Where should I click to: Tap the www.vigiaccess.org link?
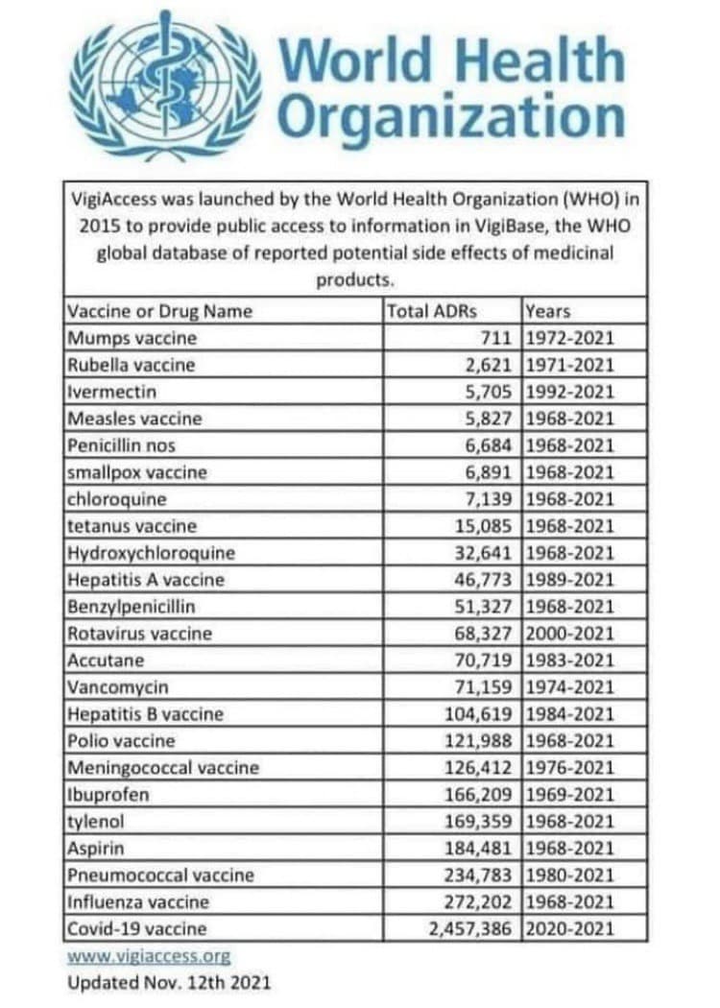click(x=149, y=956)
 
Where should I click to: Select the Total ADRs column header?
click(x=432, y=311)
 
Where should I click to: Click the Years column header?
click(x=547, y=311)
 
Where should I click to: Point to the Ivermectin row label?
click(x=111, y=392)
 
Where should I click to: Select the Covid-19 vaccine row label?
click(x=136, y=929)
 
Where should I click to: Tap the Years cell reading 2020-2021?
click(x=570, y=929)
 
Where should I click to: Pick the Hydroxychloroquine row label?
click(x=151, y=553)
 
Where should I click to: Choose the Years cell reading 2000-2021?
click(x=570, y=634)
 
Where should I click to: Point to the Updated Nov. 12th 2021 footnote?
click(x=169, y=983)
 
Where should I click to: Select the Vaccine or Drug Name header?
click(x=159, y=311)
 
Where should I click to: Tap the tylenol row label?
click(x=96, y=822)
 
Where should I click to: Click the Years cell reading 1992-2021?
click(x=570, y=392)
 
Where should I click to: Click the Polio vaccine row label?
click(x=121, y=741)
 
